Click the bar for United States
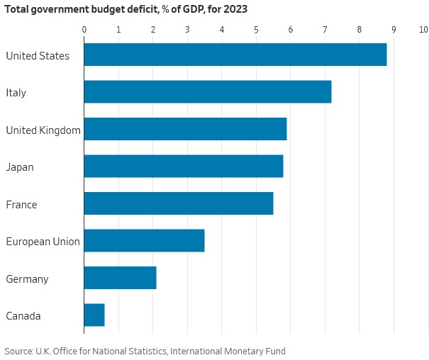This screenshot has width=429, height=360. (x=235, y=55)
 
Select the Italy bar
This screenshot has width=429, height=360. (x=207, y=92)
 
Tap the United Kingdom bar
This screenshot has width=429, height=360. (x=185, y=129)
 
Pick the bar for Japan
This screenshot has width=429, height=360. (x=183, y=167)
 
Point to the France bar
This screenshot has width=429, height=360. (x=178, y=203)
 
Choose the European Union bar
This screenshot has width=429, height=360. (x=144, y=241)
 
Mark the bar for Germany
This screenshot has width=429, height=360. (x=120, y=278)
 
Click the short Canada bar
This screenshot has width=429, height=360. (x=94, y=315)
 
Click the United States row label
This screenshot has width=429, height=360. (x=38, y=55)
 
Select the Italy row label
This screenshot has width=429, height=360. (x=16, y=93)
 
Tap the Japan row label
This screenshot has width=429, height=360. (x=20, y=167)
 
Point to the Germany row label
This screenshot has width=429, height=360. (x=27, y=279)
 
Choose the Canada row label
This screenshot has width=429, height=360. (x=23, y=316)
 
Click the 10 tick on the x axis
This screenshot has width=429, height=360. (x=423, y=30)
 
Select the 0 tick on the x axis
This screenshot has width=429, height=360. (x=84, y=30)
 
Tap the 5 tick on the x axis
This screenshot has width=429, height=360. (x=256, y=30)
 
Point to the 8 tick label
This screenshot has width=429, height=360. (x=360, y=30)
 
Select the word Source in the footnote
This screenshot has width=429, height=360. (x=19, y=351)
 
